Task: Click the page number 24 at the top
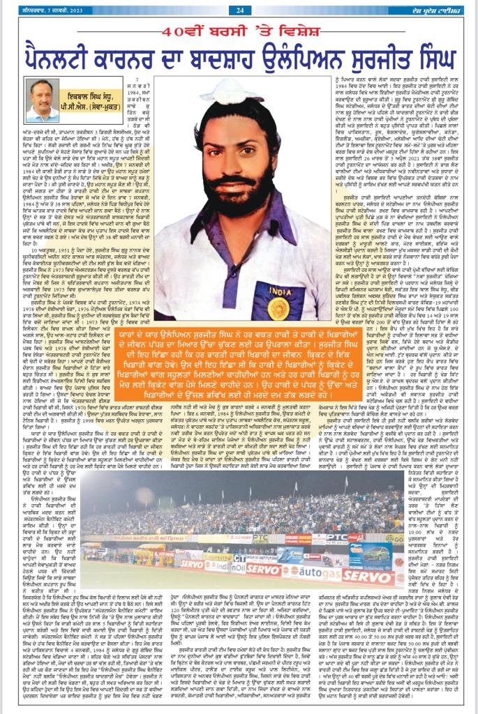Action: pyautogui.click(x=239, y=10)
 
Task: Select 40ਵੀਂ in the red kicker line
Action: pyautogui.click(x=179, y=31)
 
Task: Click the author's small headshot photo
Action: pyautogui.click(x=42, y=100)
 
